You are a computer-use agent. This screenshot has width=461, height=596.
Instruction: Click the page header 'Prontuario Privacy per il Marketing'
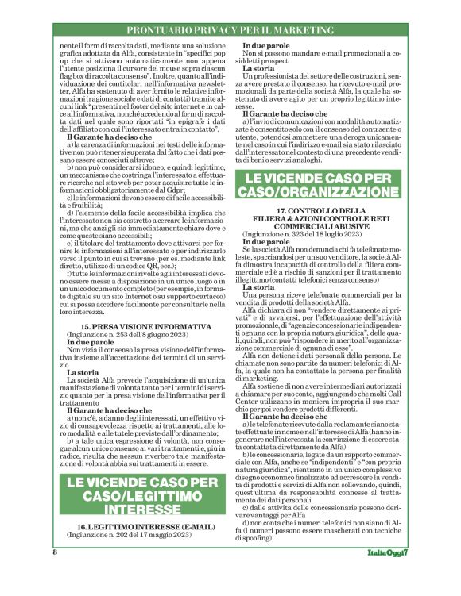point(230,29)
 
